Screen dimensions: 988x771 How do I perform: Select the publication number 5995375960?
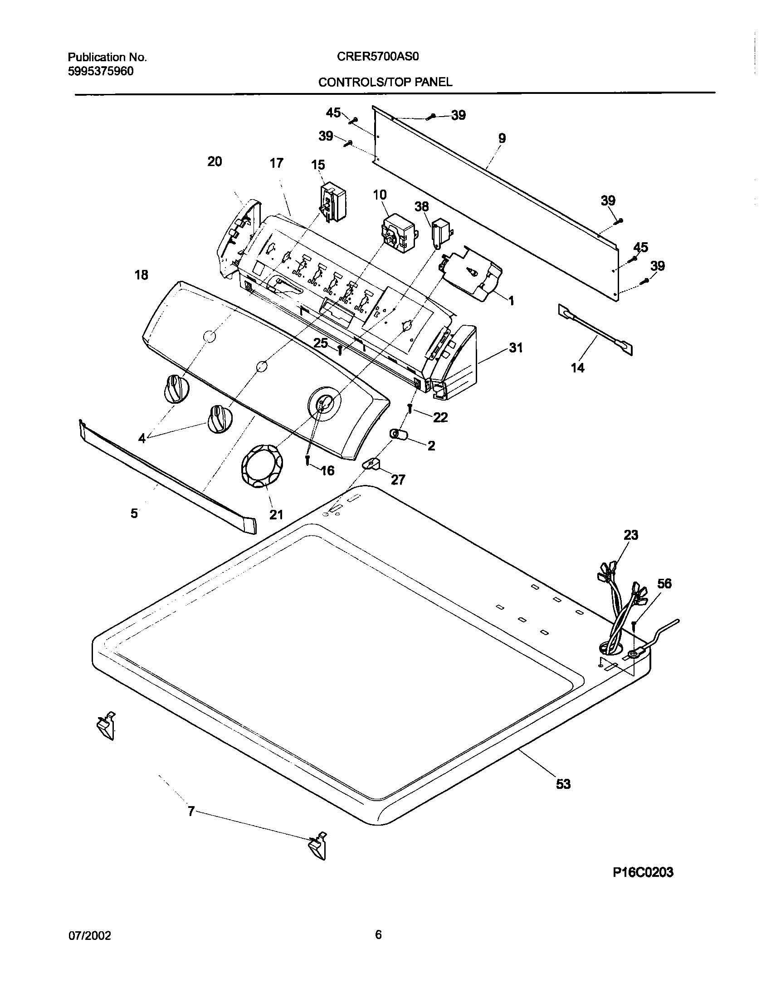tap(101, 71)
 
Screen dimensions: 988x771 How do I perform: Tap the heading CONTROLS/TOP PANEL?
tap(385, 82)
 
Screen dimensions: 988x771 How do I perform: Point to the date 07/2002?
tap(89, 935)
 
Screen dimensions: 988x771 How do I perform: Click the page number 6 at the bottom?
tap(378, 934)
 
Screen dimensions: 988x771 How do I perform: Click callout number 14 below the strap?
tap(577, 368)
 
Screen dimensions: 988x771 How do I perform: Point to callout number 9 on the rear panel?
tap(502, 138)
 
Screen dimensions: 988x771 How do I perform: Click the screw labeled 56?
tap(634, 627)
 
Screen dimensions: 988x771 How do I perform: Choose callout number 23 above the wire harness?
tap(630, 535)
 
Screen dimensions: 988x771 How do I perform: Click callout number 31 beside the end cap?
tap(516, 348)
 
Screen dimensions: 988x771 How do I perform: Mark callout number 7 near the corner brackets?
tap(191, 811)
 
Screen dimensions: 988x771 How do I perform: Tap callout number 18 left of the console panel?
tap(142, 275)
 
